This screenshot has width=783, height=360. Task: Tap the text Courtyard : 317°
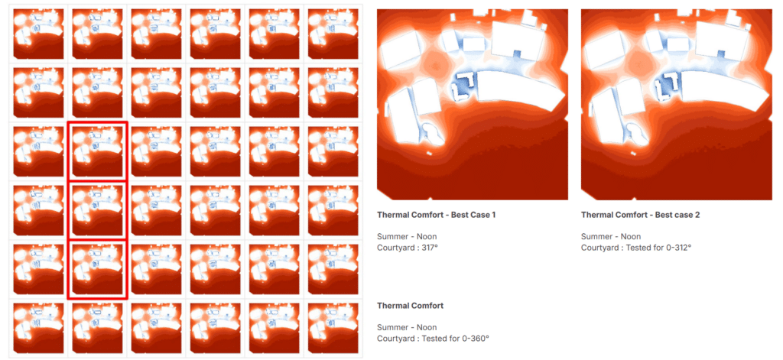coord(408,247)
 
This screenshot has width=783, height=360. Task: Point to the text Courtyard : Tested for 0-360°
coord(433,338)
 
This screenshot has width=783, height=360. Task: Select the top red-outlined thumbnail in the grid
coord(97,151)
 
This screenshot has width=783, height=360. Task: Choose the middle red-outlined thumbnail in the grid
coord(97,210)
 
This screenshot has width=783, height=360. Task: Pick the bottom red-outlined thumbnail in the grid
coord(97,270)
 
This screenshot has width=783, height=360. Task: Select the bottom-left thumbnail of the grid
coord(38,328)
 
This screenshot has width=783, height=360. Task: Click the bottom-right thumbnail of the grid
coord(333,328)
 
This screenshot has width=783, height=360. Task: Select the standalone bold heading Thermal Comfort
coord(410,306)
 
